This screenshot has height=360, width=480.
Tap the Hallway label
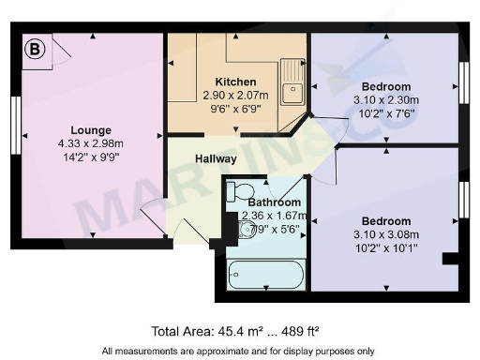click(x=215, y=159)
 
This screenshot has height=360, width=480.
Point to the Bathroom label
click(x=275, y=202)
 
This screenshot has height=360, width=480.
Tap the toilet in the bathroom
click(x=234, y=190)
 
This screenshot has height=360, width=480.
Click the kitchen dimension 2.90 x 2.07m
click(x=235, y=95)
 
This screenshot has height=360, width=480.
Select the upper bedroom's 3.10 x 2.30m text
click(x=385, y=100)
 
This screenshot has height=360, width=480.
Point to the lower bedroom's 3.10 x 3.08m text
click(x=385, y=234)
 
